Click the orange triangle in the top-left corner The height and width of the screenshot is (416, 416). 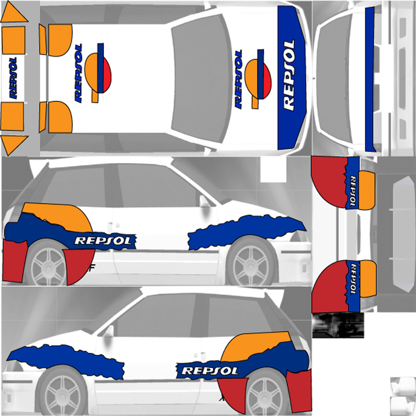point(13,15)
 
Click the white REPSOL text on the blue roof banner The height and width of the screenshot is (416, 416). point(289,76)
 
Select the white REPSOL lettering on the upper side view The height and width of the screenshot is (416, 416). point(104,240)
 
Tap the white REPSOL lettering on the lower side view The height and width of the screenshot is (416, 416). point(210,370)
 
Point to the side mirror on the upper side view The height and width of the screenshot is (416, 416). point(204,201)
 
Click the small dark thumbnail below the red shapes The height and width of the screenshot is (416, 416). point(338,325)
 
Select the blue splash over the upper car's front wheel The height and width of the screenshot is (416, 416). point(246,231)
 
